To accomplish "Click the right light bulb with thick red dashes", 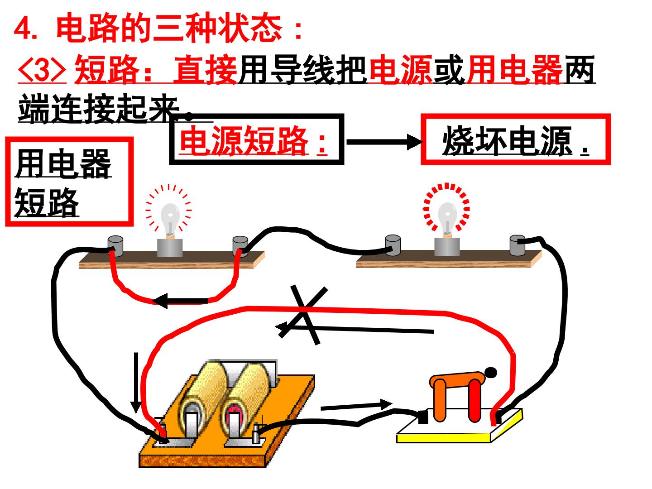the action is [x=447, y=218].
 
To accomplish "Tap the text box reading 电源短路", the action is [x=257, y=139].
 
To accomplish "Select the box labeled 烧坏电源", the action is [x=516, y=139].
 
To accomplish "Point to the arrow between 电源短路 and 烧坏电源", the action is [x=384, y=142].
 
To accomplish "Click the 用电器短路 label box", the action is [x=70, y=182].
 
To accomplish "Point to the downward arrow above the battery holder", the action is [x=136, y=383].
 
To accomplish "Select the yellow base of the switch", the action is [x=460, y=426].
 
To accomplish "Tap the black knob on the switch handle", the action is [x=491, y=373].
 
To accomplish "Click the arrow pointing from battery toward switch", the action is [x=356, y=406].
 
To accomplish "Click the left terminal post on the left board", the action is [x=115, y=246].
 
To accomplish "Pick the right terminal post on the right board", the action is [x=518, y=245].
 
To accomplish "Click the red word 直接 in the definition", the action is [x=205, y=70].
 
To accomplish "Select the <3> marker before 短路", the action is [x=42, y=70].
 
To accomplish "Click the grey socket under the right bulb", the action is [x=447, y=246].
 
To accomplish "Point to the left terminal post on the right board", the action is [x=393, y=245].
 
